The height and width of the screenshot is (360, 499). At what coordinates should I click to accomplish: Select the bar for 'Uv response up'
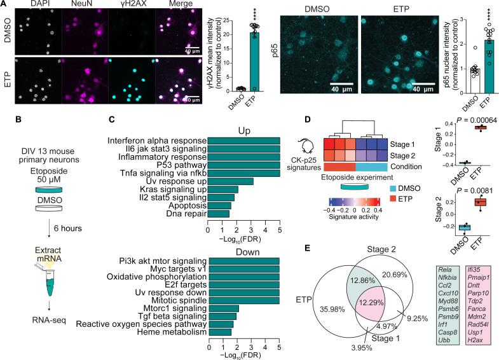(231, 181)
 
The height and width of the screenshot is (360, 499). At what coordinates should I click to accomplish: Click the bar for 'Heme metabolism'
(219, 331)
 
